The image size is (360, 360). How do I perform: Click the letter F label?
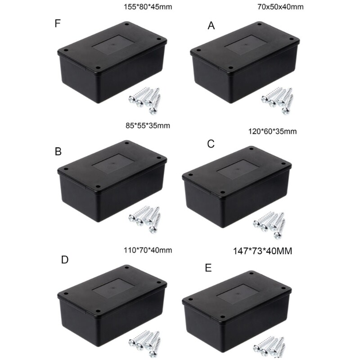(x=57, y=23)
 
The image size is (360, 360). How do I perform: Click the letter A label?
(x=211, y=27)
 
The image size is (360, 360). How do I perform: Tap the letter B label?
(x=58, y=152)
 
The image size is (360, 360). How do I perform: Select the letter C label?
(x=211, y=144)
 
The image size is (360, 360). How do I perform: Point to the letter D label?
(x=64, y=261)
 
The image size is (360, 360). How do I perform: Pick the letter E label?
(x=208, y=268)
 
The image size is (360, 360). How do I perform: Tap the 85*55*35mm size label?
(x=148, y=126)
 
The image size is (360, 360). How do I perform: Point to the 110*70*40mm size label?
(x=148, y=250)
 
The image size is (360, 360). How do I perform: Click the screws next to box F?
(x=146, y=99)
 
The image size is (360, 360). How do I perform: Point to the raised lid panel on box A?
(x=245, y=47)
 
